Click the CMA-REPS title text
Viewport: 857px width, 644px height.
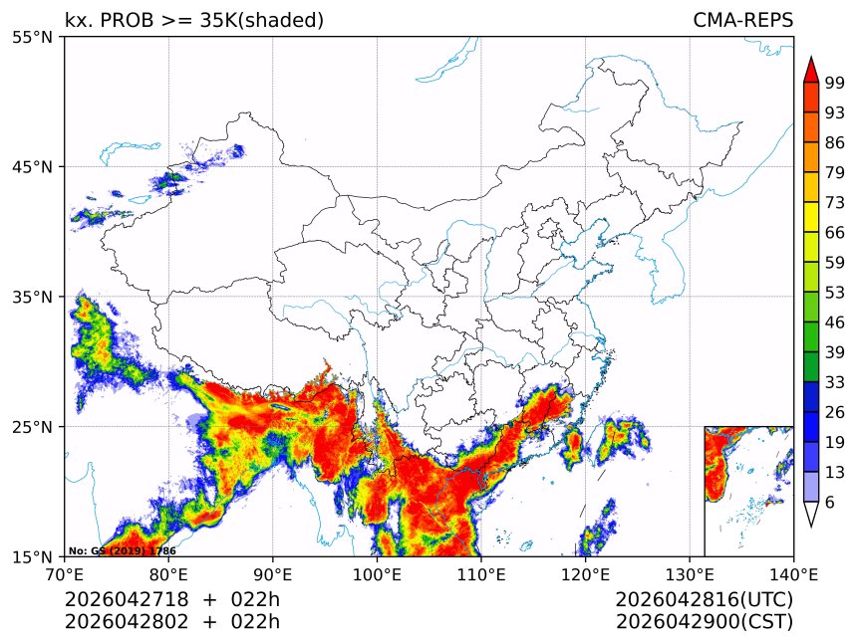(x=742, y=20)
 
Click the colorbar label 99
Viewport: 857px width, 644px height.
(x=835, y=83)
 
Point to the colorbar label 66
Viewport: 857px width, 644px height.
(x=835, y=233)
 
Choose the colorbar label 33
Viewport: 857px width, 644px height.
(x=835, y=382)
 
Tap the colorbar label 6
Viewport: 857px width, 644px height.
(x=830, y=503)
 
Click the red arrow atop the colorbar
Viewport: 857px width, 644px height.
(x=811, y=69)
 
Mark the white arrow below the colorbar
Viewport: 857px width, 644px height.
(x=811, y=515)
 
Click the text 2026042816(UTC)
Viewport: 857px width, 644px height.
(x=704, y=600)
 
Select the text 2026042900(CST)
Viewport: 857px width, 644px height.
(x=704, y=622)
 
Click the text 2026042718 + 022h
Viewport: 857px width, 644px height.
(x=172, y=600)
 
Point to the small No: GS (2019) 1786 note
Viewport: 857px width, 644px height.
(x=122, y=550)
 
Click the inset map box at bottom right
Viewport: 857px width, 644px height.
(x=748, y=491)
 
